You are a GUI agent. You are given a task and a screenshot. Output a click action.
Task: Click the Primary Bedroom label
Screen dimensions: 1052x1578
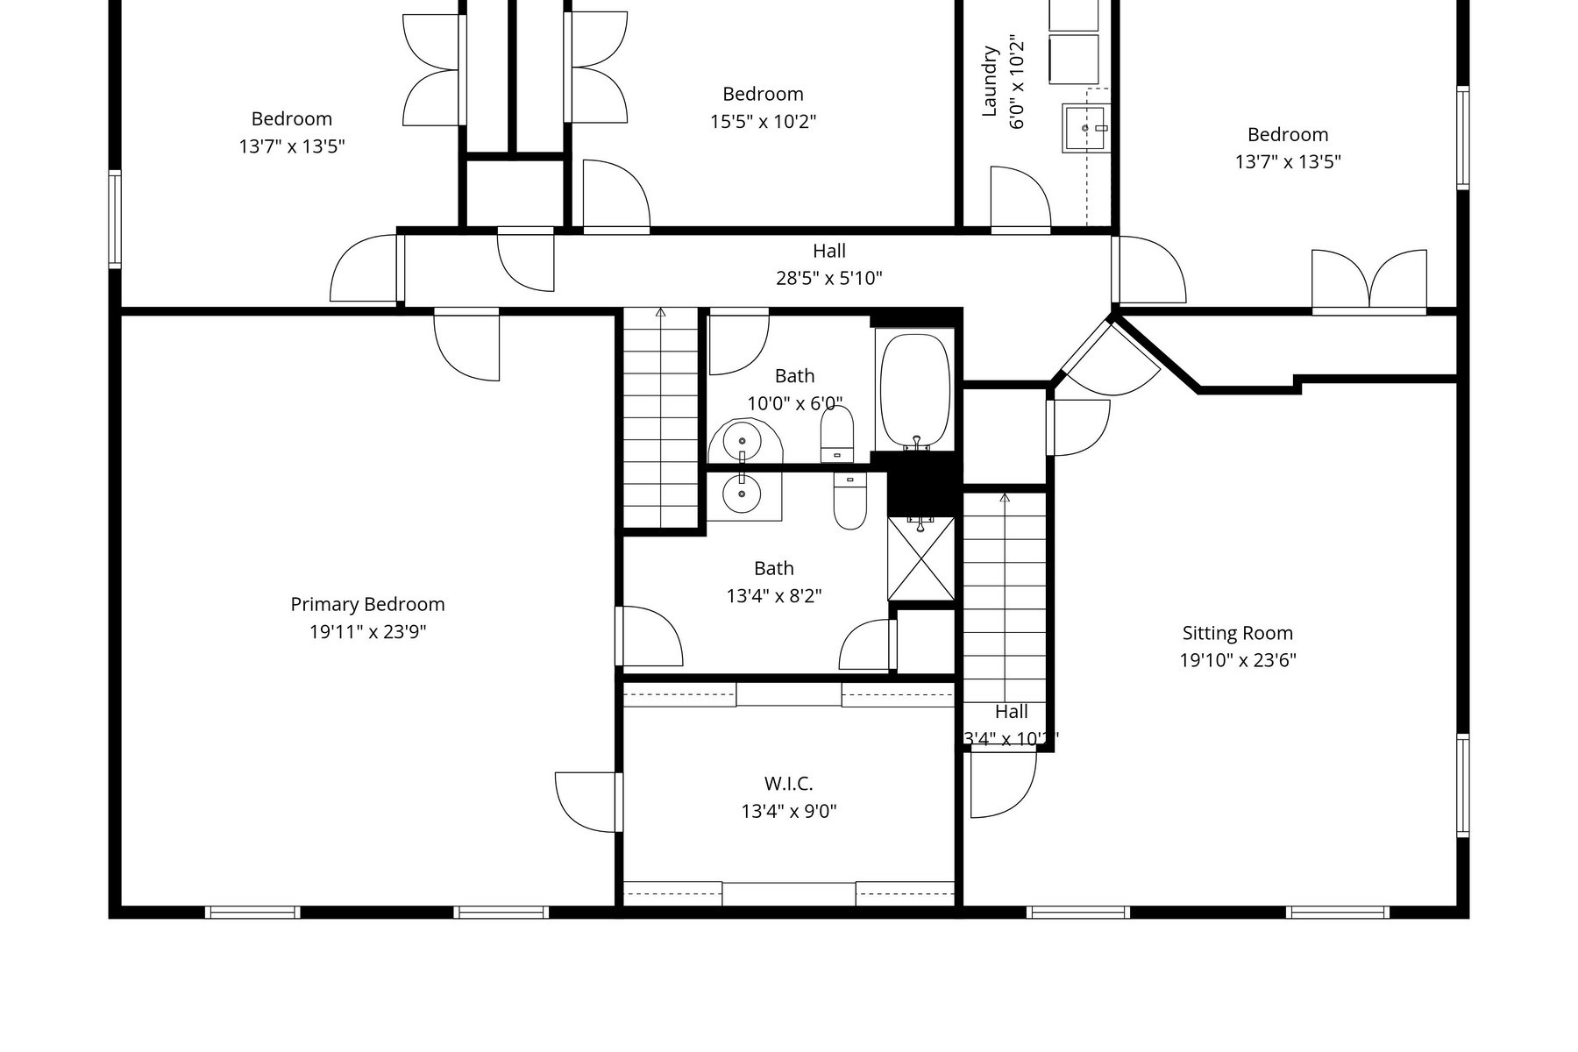coord(367,604)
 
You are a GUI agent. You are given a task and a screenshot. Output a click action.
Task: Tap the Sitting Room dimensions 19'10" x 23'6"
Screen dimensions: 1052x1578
coord(1237,660)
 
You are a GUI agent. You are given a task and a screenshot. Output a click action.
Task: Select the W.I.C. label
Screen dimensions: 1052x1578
coord(788,783)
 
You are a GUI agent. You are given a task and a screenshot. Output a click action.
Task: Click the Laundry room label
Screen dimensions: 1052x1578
coord(990,82)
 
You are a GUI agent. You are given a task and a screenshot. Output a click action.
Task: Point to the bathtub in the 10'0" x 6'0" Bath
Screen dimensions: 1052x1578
coord(914,389)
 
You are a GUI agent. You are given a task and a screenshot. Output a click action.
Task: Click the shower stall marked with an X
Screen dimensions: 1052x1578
coord(920,558)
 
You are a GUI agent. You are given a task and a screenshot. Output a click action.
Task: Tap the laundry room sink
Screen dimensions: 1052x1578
coord(1085,128)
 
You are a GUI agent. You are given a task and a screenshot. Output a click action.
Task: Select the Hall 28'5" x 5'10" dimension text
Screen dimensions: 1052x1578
coord(828,278)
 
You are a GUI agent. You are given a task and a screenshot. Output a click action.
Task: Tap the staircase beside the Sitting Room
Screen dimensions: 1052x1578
coord(1005,596)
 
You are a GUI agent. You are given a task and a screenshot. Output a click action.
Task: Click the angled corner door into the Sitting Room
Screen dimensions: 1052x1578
coord(1109,359)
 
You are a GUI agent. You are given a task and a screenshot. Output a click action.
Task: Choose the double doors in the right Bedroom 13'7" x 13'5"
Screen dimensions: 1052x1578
coord(1368,280)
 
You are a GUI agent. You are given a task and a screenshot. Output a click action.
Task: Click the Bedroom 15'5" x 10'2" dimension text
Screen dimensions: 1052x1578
coord(763,121)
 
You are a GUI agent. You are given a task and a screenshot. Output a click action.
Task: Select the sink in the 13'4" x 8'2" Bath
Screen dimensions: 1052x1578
coord(743,494)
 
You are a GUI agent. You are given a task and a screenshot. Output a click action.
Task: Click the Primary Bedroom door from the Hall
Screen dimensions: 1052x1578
coord(468,344)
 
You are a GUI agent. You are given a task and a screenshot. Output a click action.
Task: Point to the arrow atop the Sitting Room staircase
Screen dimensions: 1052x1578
coord(1005,498)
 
